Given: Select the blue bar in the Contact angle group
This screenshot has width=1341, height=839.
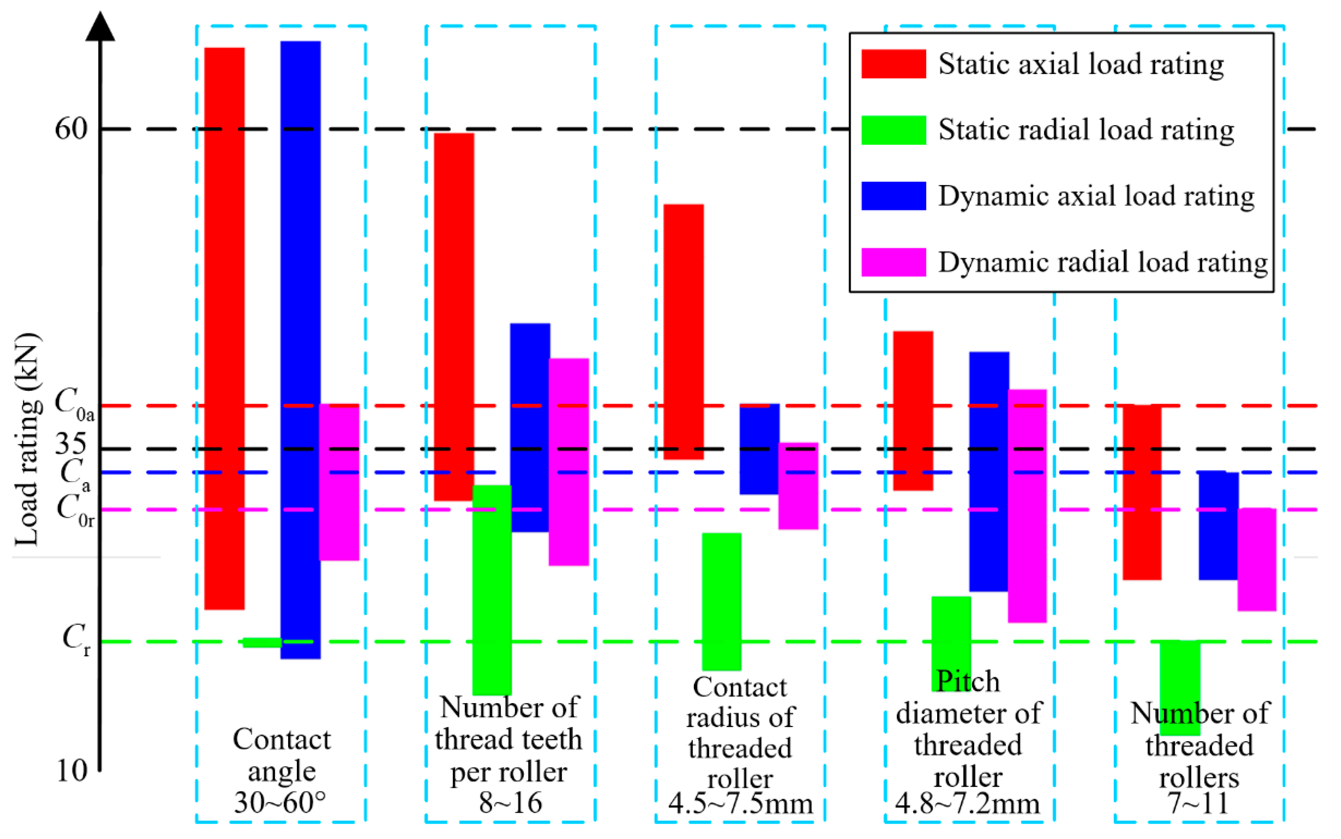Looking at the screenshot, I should pos(300,350).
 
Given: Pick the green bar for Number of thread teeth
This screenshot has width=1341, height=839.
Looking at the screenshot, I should pos(492,589).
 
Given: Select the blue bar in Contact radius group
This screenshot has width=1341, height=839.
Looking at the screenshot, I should pos(759,448).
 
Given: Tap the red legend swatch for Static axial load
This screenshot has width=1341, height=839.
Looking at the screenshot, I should pos(893,64).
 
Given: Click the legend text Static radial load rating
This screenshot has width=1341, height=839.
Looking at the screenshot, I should pos(1086,130).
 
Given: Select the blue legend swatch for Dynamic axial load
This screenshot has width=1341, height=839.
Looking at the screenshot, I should pos(893,196).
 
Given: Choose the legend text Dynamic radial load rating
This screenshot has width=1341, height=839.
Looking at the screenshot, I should pos(1103,262).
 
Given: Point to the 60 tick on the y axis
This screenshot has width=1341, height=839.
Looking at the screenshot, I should pos(71,129).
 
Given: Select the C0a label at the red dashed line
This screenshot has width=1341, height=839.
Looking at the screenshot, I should pos(74,404).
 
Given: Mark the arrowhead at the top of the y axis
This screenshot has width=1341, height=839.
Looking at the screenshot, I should pos(100,27).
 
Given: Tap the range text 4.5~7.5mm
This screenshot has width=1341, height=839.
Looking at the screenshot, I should pos(740,803).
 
